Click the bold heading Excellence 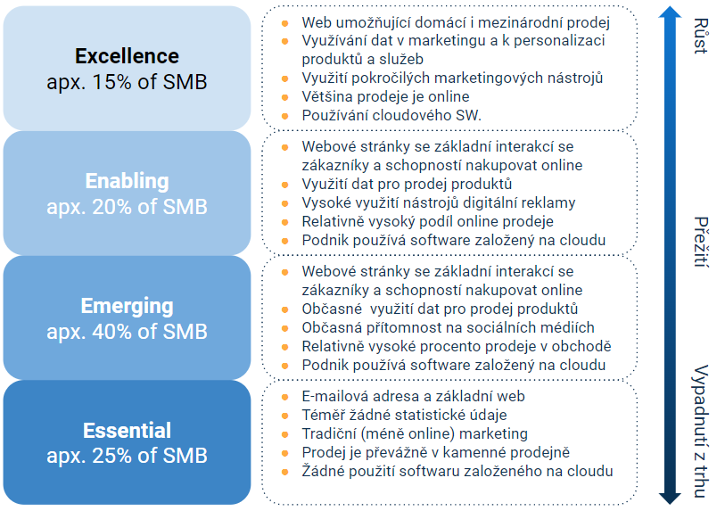tap(127, 56)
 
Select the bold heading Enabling tap(127, 181)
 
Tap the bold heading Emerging tap(127, 306)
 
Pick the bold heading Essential tap(127, 431)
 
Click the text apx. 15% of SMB tap(127, 82)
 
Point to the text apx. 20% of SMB tap(127, 207)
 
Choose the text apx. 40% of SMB tap(127, 332)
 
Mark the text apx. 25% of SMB tap(127, 456)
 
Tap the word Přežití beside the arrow tap(700, 242)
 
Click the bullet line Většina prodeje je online tap(385, 96)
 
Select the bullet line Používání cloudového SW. tap(391, 115)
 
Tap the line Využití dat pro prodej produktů tap(407, 184)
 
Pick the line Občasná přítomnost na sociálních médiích tap(448, 327)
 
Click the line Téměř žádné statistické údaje tap(404, 415)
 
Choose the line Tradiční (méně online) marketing tap(415, 433)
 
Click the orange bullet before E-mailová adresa tap(284, 396)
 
